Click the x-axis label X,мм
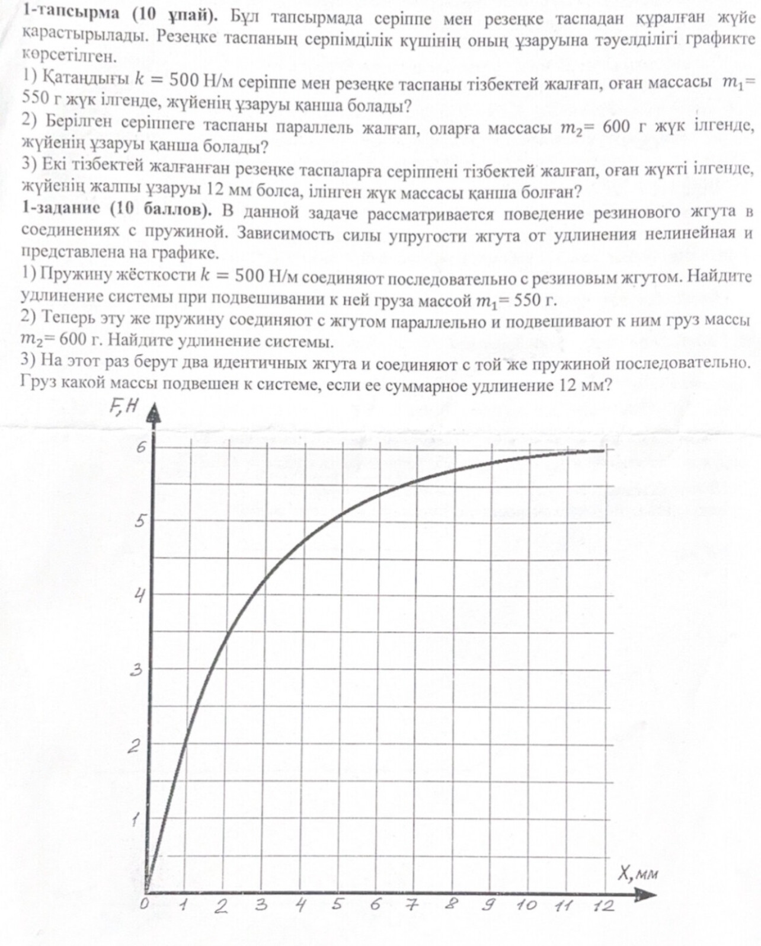(x=638, y=873)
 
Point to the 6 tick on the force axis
(x=140, y=448)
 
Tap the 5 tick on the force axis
(x=140, y=522)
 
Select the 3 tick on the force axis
(x=137, y=670)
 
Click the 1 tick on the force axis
(x=136, y=821)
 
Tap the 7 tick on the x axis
(x=411, y=905)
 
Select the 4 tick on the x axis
(x=300, y=905)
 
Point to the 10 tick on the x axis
(x=526, y=905)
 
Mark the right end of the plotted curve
(x=604, y=450)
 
